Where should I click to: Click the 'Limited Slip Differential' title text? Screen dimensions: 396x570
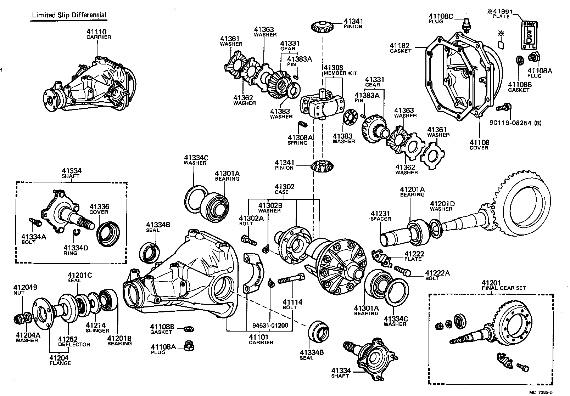[x=69, y=15]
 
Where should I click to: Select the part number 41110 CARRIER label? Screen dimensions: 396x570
[x=99, y=34]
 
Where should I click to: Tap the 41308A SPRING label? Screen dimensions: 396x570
[x=300, y=140]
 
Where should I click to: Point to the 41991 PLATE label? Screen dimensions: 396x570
[x=503, y=14]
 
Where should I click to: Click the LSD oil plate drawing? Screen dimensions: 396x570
[x=528, y=34]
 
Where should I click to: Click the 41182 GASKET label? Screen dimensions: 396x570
[x=400, y=48]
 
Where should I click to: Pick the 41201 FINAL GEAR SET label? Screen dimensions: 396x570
[x=503, y=285]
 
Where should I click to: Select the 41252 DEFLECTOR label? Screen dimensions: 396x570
[x=74, y=341]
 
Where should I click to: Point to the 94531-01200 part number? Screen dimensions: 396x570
[x=270, y=326]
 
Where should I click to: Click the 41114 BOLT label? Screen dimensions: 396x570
[x=292, y=304]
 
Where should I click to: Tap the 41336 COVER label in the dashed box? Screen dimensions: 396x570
[x=99, y=209]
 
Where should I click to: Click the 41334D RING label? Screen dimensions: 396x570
[x=76, y=250]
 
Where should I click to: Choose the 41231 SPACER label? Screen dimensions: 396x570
[x=381, y=216]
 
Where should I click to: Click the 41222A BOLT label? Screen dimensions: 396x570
[x=437, y=275]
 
